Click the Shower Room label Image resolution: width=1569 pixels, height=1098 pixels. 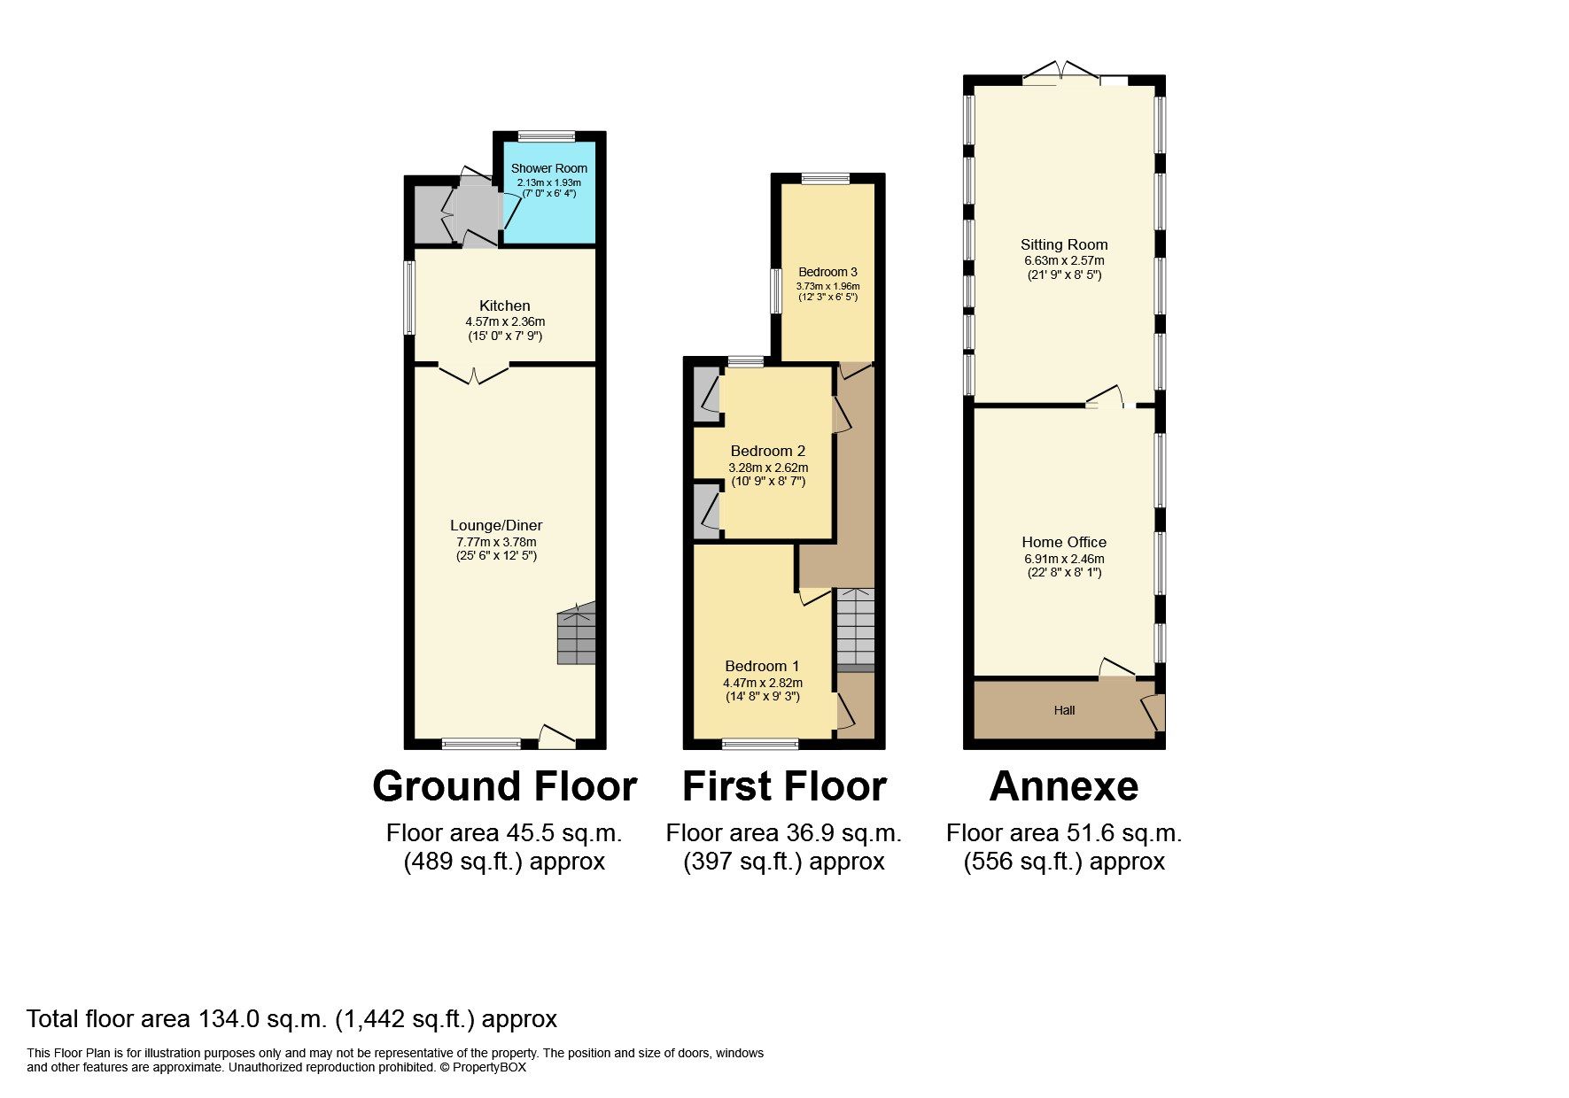coord(548,168)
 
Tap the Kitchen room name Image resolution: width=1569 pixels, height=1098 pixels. coord(504,305)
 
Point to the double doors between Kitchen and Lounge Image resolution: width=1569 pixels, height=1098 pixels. coord(474,374)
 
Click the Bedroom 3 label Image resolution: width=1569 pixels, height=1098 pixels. coord(827,272)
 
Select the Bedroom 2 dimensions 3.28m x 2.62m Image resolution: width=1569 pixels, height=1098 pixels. coord(767,468)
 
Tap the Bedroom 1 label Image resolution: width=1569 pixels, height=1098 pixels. coord(762,666)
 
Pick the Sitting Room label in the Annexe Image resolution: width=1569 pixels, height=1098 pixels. coord(1063,244)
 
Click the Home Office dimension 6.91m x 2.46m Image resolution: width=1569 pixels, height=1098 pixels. coord(1063,559)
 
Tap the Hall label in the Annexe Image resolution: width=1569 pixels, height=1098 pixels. coord(1064,710)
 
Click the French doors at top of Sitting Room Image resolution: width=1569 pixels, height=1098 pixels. coord(1061,73)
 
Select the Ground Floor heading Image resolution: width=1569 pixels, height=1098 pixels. coord(504,786)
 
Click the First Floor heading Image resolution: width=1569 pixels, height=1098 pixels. coord(784,786)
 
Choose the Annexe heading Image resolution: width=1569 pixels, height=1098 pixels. coord(1063,786)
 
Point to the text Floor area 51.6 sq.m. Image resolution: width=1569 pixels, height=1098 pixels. coord(1063,832)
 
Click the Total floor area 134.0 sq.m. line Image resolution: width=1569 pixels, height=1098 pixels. coord(291,1019)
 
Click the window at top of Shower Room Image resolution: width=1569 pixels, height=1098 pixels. coord(546,136)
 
